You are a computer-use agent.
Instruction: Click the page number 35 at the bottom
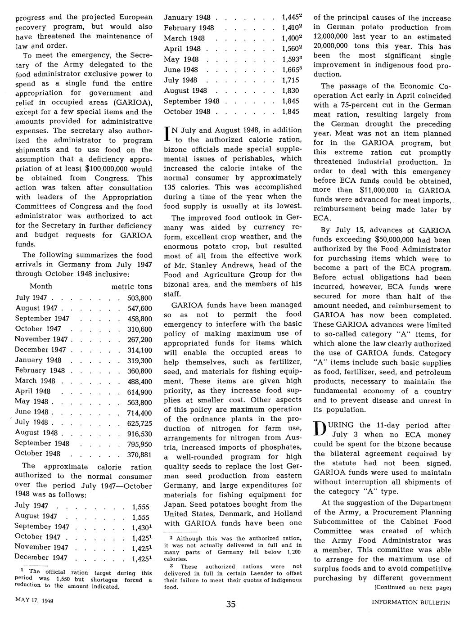coord(231,604)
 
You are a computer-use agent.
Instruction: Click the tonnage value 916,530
coord(140,433)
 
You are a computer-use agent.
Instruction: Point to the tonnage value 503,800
coord(140,298)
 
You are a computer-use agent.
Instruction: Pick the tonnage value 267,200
coord(140,340)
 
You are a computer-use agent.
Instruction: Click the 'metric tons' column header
coord(131,287)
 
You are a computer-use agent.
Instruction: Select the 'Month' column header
coord(41,286)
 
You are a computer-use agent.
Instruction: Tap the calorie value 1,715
coord(290,80)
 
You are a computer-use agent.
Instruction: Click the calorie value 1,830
coord(290,90)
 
